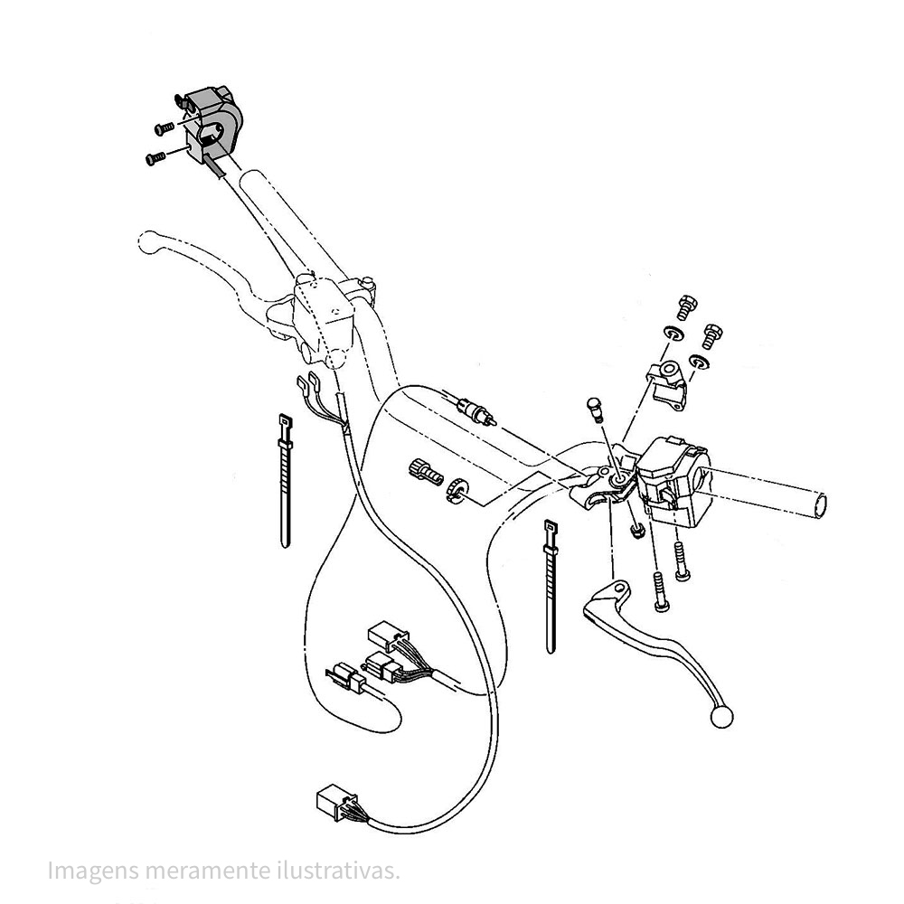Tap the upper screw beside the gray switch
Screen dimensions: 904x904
pyautogui.click(x=164, y=128)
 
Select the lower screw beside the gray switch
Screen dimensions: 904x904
pyautogui.click(x=155, y=155)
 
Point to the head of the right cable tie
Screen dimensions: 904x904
pyautogui.click(x=549, y=526)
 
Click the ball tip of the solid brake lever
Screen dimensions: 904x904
pyautogui.click(x=721, y=717)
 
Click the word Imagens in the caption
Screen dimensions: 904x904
pyautogui.click(x=94, y=870)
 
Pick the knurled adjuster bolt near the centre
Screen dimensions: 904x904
pyautogui.click(x=424, y=470)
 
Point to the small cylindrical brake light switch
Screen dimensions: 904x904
pyautogui.click(x=474, y=412)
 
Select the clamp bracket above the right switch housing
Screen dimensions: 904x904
pyautogui.click(x=667, y=384)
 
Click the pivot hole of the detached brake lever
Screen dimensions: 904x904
pyautogui.click(x=619, y=589)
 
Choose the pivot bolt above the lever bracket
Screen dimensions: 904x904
pyautogui.click(x=595, y=409)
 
